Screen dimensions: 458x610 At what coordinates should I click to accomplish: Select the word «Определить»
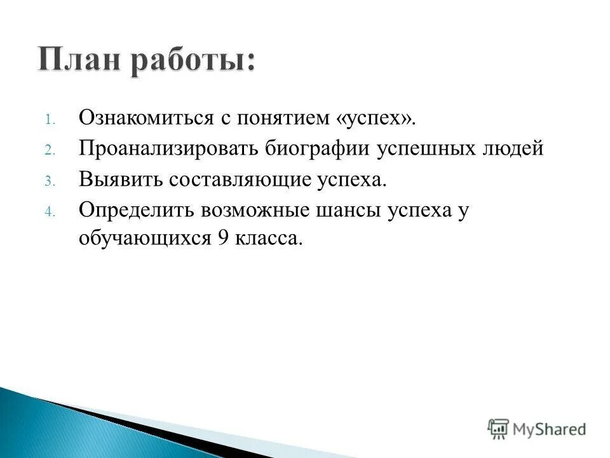tap(135, 209)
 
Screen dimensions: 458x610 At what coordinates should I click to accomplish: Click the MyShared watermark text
tap(550, 429)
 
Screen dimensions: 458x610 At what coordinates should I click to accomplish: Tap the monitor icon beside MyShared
tap(498, 428)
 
